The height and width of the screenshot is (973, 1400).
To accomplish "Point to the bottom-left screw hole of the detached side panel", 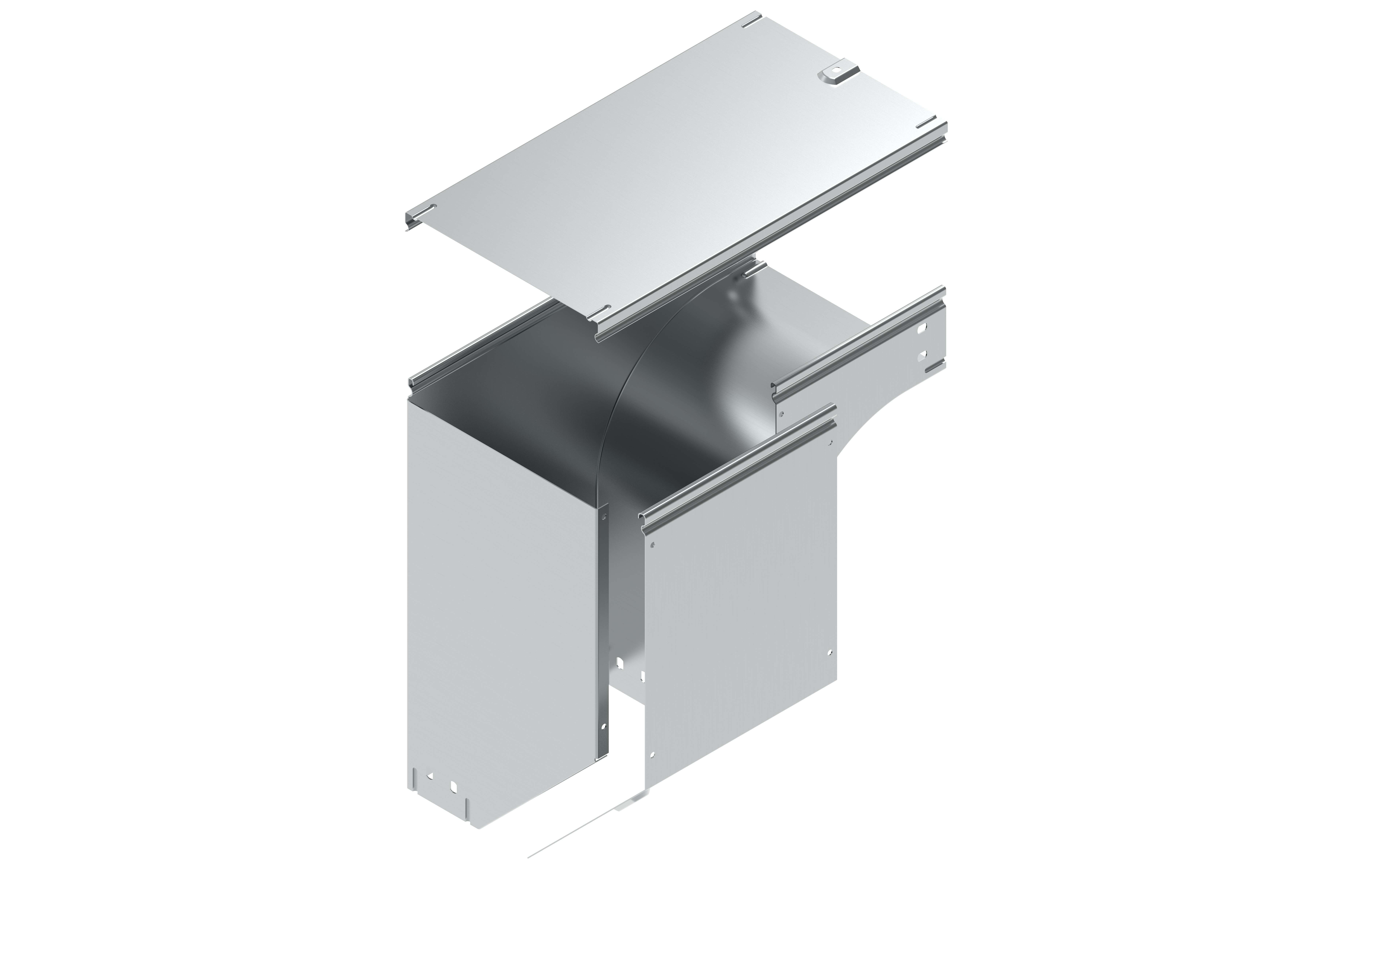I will (x=652, y=755).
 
